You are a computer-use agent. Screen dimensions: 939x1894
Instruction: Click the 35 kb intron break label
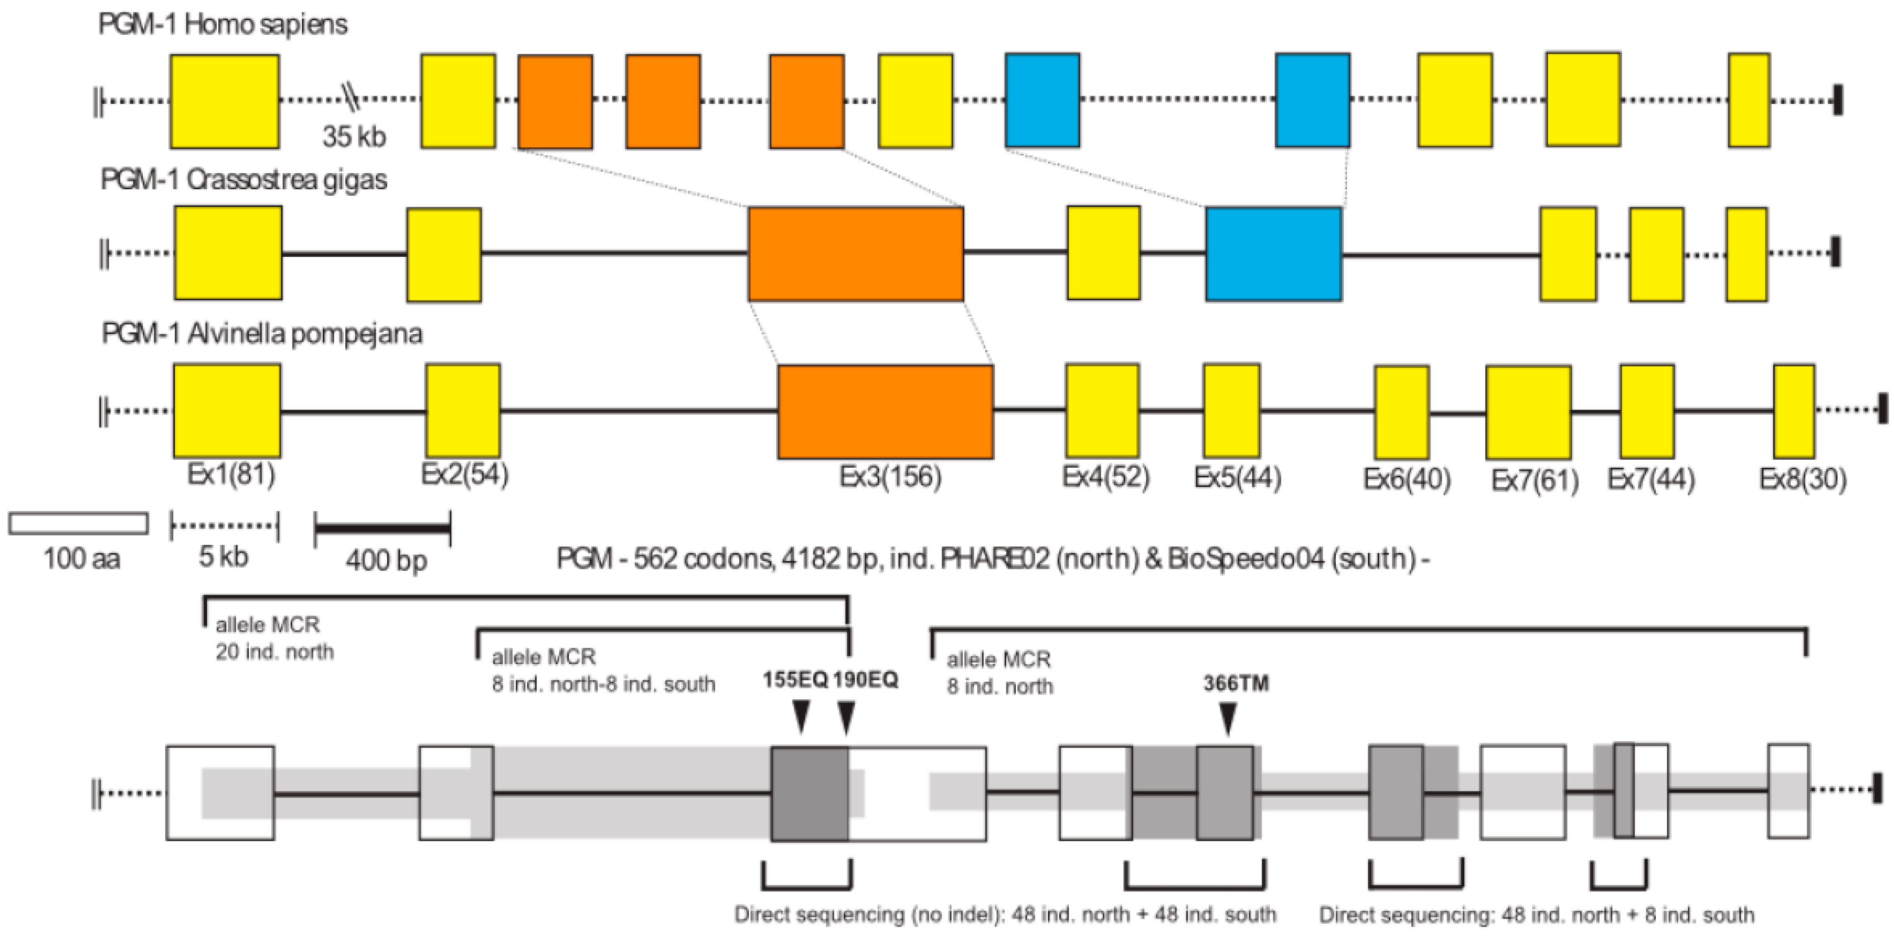point(354,137)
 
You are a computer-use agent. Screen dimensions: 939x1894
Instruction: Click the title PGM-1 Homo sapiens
point(223,24)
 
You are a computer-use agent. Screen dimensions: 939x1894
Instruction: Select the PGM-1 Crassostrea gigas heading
point(244,179)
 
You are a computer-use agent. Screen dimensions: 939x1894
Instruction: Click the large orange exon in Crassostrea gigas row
point(856,254)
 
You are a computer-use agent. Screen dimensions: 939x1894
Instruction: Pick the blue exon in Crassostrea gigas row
point(1273,254)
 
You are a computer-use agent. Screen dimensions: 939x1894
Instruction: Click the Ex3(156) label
point(890,477)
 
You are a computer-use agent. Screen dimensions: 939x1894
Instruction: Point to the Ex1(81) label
point(231,474)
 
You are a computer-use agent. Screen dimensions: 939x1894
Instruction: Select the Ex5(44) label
point(1238,478)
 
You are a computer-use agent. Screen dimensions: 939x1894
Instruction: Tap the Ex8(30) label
point(1802,479)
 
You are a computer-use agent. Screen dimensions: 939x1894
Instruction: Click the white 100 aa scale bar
point(78,523)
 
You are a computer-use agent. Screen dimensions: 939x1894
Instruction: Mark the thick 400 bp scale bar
point(382,528)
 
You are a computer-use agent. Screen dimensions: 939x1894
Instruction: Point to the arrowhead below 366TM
point(1228,718)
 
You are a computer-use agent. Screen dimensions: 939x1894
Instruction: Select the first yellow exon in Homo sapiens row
point(225,102)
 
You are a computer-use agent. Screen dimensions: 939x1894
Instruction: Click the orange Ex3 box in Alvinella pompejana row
point(885,412)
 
